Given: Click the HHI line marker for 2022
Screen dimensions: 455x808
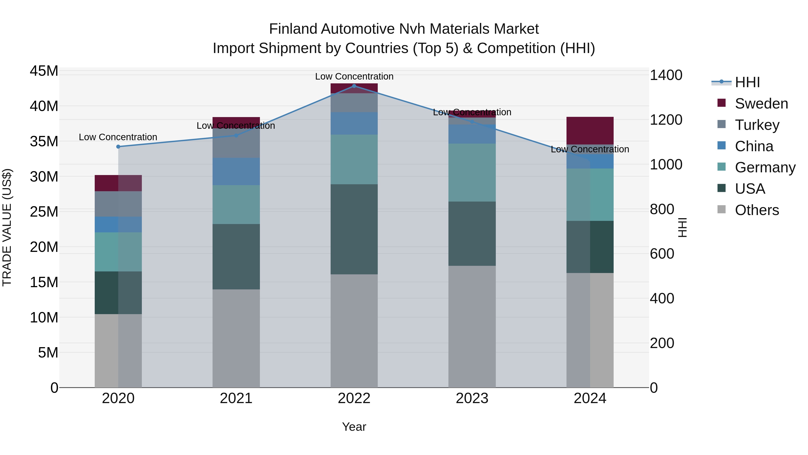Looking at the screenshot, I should click(354, 86).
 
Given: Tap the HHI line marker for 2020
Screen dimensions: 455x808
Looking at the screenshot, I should click(118, 147).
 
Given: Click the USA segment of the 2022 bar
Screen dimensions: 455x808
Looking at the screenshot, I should click(354, 229).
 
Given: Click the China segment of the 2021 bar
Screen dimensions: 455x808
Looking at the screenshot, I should click(236, 171).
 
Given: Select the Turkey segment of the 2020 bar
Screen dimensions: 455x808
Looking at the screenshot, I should click(118, 204).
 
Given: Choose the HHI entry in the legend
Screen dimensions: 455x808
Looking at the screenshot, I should click(747, 82).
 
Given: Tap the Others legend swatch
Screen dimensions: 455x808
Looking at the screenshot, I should click(721, 209).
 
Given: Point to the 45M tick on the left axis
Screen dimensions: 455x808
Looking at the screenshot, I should click(44, 71).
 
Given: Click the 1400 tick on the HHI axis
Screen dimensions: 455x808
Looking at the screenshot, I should click(666, 75).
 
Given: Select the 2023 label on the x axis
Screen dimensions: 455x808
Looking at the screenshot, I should click(472, 398).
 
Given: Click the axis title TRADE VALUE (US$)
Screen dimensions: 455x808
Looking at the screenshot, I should click(7, 227).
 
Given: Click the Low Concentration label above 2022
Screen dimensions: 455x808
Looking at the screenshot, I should click(354, 76).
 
